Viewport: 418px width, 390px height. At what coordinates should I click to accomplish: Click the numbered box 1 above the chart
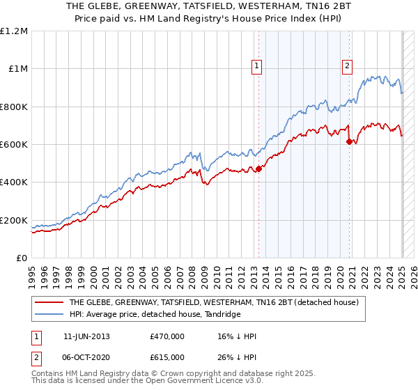(257, 66)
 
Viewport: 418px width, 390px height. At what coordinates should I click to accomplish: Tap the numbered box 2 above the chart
(347, 66)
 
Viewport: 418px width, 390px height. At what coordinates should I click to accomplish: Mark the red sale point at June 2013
(258, 169)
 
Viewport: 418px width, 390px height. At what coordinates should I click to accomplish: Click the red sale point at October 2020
(349, 141)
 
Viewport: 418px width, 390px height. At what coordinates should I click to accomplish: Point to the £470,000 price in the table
(167, 336)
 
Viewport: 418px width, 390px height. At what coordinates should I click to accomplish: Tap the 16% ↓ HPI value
(237, 336)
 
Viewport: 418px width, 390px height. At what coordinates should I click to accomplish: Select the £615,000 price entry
(167, 357)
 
